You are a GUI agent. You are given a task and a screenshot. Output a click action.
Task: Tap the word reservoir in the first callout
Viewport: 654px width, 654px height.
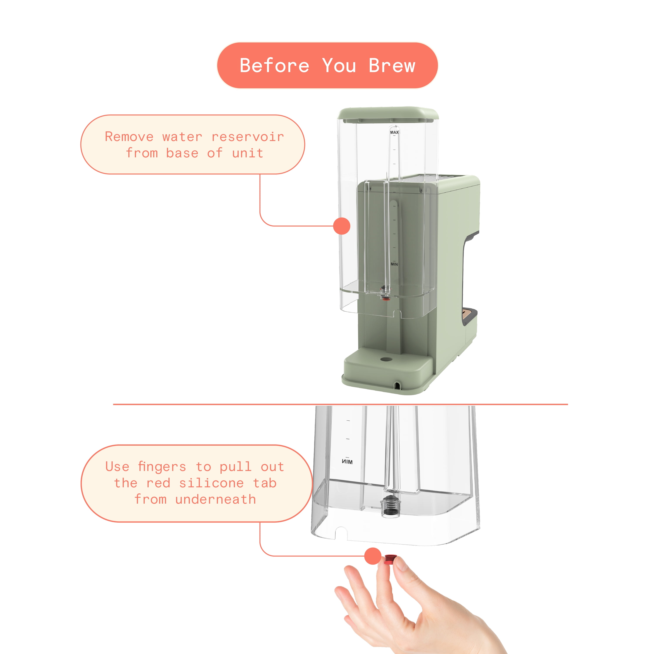pos(247,137)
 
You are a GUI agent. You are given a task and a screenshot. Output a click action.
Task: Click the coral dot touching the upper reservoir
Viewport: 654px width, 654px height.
pos(341,226)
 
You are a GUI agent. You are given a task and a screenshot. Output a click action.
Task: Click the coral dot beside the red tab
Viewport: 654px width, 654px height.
pos(373,556)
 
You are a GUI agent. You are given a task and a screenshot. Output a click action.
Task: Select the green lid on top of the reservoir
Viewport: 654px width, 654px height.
pos(388,114)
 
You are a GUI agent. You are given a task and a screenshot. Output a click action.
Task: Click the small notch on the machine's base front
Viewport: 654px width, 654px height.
pos(397,385)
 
